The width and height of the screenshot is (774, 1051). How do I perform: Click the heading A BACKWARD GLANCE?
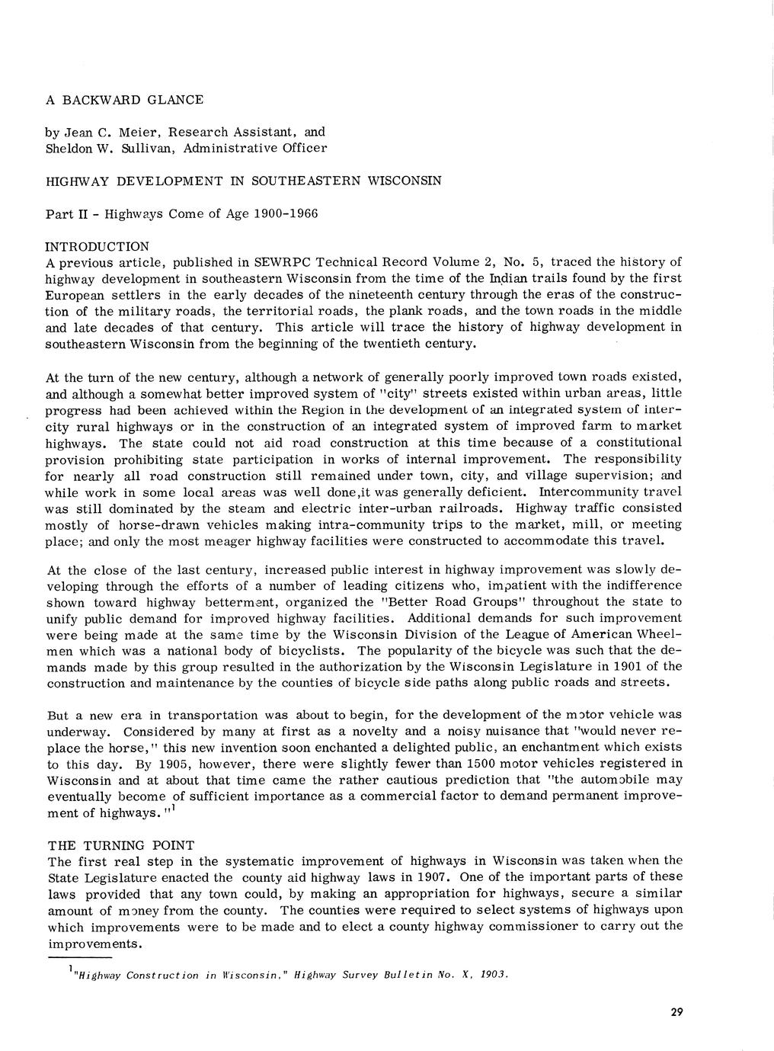pyautogui.click(x=124, y=100)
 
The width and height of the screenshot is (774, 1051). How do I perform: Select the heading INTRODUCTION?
pyautogui.click(x=97, y=247)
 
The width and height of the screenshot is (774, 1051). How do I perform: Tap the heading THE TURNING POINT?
pyautogui.click(x=121, y=845)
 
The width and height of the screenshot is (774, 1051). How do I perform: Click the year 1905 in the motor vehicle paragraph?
pyautogui.click(x=168, y=764)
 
